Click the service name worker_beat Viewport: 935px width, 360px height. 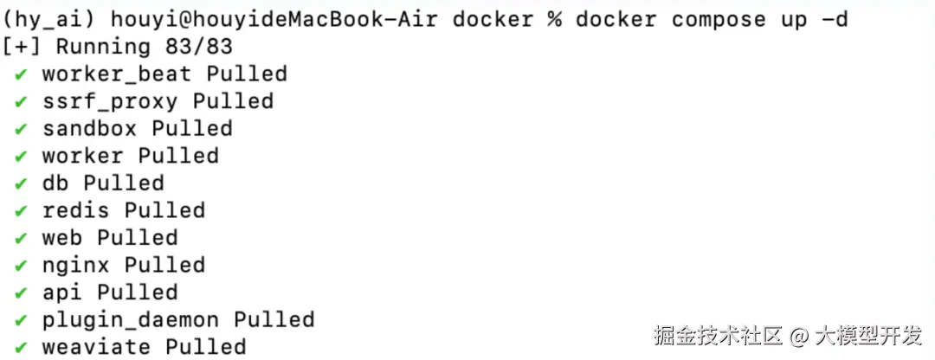(x=116, y=74)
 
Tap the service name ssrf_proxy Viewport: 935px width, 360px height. (x=109, y=101)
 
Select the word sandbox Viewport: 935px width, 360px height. (x=89, y=129)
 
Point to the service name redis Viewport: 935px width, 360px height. (x=75, y=210)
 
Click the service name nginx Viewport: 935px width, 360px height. (x=75, y=265)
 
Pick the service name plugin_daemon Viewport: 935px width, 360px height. (x=130, y=319)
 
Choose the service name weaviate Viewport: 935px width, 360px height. (x=96, y=347)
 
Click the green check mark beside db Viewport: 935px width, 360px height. (x=21, y=183)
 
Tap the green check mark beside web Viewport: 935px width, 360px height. (x=21, y=238)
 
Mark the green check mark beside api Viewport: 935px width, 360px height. (x=21, y=292)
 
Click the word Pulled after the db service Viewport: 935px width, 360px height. (x=123, y=183)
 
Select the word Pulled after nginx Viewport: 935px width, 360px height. (x=164, y=265)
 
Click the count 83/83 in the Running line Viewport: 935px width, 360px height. (x=198, y=47)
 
